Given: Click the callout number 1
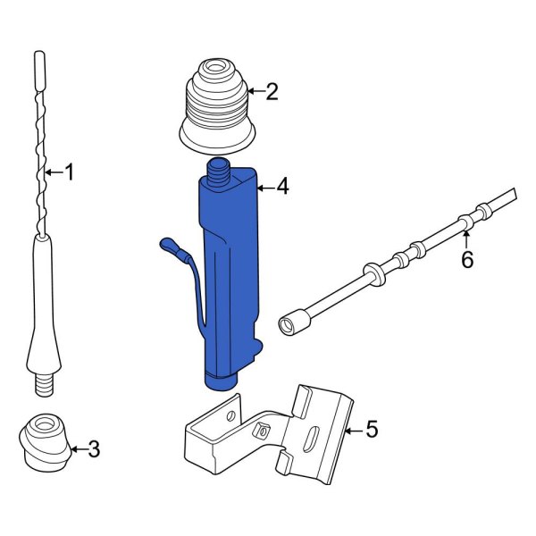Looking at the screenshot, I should tap(70, 172).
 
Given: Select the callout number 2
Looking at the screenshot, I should tap(272, 91).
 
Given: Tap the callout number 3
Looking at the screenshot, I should tap(94, 449).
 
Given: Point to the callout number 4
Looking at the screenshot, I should tap(282, 188).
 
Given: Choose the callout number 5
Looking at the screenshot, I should tap(372, 431).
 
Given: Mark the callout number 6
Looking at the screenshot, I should tap(466, 260).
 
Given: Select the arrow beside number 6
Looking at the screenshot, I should tap(465, 238).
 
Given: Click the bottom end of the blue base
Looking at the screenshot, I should tap(222, 381).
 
